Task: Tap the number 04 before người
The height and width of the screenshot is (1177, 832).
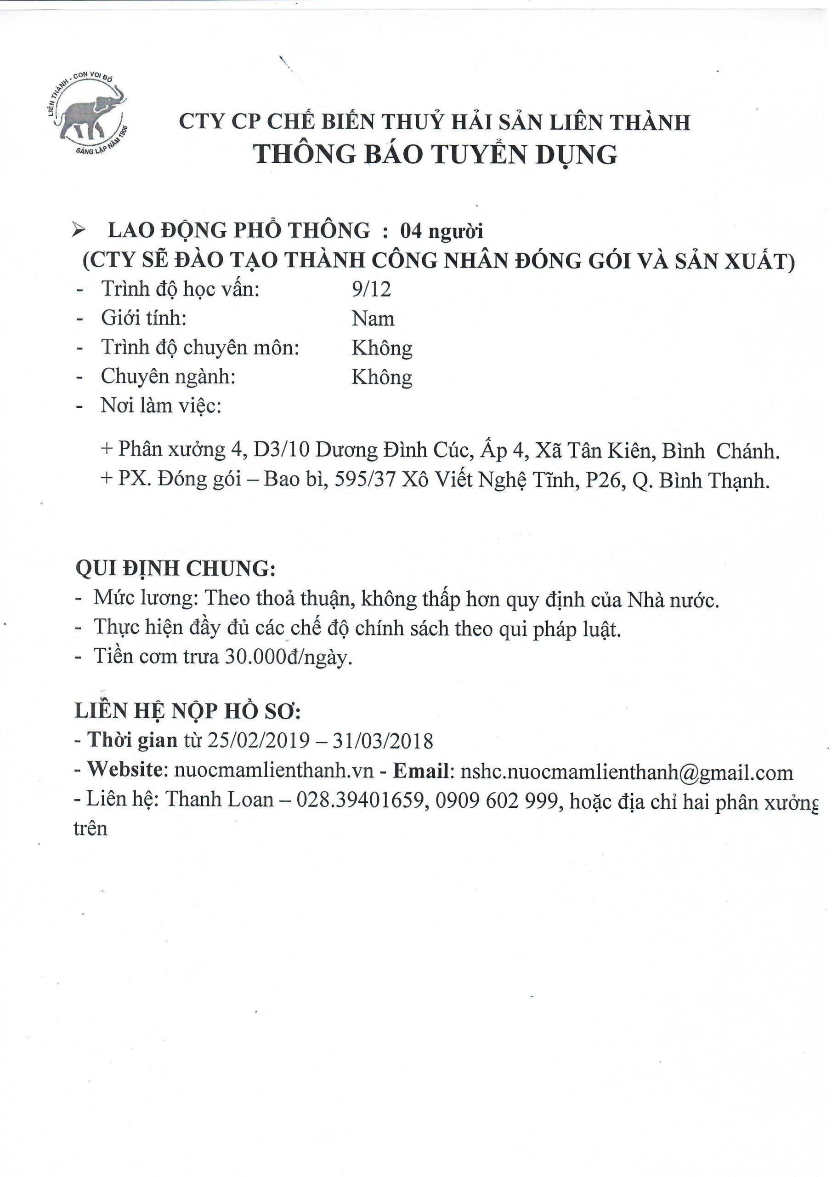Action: click(411, 232)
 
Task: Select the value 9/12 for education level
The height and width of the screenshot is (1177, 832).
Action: click(371, 289)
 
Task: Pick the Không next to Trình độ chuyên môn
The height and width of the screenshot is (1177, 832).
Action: click(382, 348)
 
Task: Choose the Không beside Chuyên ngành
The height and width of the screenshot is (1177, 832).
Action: click(382, 377)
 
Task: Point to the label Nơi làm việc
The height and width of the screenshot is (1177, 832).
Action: click(161, 406)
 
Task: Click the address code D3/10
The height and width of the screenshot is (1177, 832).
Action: click(281, 450)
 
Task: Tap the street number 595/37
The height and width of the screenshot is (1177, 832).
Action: click(365, 480)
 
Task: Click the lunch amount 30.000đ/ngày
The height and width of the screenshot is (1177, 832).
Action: click(289, 657)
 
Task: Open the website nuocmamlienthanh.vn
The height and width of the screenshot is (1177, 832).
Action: click(274, 771)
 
